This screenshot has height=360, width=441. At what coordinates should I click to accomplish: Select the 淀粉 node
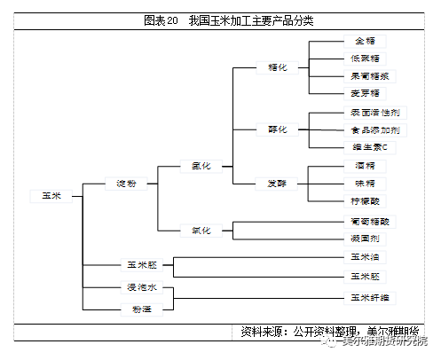click(126, 184)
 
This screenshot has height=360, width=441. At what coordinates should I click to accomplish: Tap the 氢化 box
click(201, 165)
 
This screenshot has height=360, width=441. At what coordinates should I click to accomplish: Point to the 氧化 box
click(201, 230)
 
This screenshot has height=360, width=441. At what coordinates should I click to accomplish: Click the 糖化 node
click(277, 67)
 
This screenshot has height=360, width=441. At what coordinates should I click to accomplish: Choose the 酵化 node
click(277, 129)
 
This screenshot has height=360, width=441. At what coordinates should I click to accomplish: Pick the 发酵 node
click(277, 184)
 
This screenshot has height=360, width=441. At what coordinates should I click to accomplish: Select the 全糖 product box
click(366, 41)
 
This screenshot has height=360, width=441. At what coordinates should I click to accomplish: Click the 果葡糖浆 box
click(366, 75)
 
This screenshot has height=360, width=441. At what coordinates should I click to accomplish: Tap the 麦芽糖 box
click(366, 93)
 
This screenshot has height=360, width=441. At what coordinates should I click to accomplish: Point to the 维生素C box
click(366, 147)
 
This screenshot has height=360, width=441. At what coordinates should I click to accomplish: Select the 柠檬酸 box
click(366, 201)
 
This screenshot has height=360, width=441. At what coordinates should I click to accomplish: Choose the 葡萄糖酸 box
click(366, 221)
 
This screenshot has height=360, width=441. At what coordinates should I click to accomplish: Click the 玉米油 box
click(366, 258)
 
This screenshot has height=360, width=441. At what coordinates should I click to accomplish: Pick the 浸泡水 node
click(142, 288)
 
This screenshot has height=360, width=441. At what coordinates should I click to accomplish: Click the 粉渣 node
click(142, 308)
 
